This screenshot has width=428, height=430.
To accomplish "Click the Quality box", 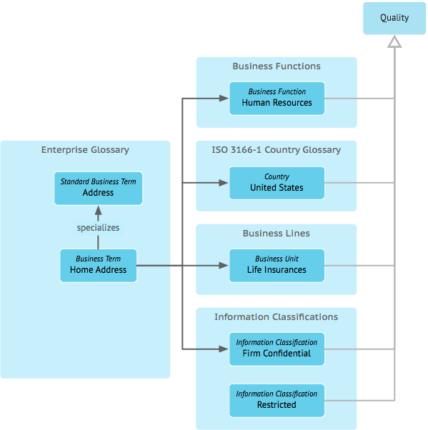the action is [394, 18].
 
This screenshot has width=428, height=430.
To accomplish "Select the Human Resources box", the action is [277, 98].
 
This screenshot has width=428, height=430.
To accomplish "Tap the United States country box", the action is [277, 183].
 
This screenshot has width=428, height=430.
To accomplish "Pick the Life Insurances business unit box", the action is [277, 265].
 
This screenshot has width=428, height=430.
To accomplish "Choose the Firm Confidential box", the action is [277, 349].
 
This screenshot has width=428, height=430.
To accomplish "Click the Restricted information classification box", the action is [277, 401].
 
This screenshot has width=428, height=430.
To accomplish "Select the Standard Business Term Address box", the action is [98, 188].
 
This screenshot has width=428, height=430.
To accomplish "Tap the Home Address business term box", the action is [98, 265].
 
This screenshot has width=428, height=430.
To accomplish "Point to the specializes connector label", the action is [98, 228].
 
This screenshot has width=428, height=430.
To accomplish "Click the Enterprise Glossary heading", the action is [85, 150].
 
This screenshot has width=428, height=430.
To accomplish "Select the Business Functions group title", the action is [277, 66].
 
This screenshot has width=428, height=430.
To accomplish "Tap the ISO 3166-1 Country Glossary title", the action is [276, 150].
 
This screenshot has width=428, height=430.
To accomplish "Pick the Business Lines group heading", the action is [276, 233].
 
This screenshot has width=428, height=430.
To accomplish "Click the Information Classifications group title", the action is [276, 316].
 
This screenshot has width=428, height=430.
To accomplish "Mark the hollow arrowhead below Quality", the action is [394, 41].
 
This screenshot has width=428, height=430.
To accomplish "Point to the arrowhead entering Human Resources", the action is [224, 98].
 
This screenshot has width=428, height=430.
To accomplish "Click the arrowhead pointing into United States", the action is [224, 183].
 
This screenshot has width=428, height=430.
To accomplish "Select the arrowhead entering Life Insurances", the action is [224, 265].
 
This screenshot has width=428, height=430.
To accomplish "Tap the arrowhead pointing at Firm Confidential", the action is [224, 349].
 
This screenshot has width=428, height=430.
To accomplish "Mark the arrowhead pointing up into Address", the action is [98, 210].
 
